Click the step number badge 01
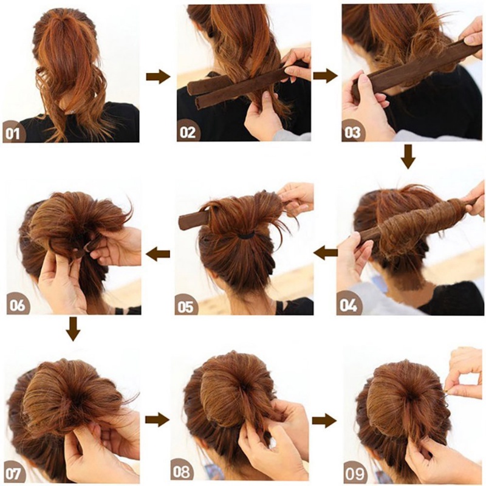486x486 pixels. tap(13, 133)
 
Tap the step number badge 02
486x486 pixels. tap(188, 132)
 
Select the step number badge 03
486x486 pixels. tap(352, 132)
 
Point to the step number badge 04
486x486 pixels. tap(348, 305)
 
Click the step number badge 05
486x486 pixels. tap(186, 306)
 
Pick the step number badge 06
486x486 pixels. tap(17, 305)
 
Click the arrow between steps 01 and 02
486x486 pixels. tap(158, 77)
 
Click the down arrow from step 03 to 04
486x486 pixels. tap(408, 157)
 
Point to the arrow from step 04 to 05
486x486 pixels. tap(326, 253)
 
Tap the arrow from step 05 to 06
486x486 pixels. tap(158, 254)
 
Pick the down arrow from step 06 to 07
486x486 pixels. tap(73, 329)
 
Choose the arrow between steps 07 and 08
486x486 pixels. tap(157, 419)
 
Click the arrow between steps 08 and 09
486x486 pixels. tap(324, 420)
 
